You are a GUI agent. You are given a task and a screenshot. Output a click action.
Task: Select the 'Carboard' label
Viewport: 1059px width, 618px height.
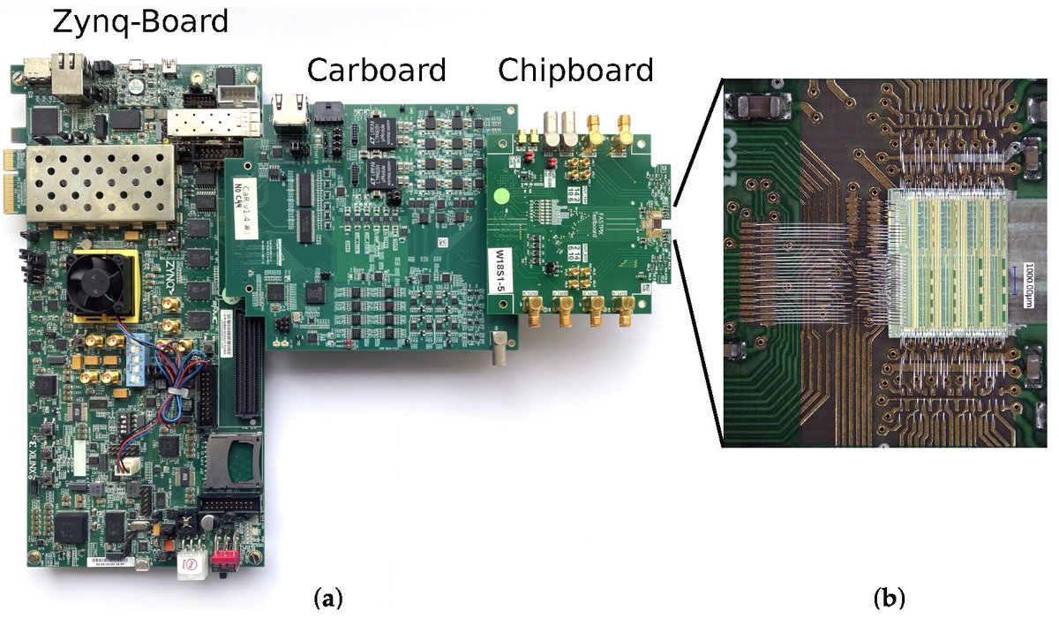[377, 69]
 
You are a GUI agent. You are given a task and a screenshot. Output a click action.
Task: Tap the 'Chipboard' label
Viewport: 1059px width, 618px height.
[576, 69]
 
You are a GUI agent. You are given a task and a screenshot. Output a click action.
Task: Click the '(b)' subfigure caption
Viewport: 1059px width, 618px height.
[887, 599]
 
